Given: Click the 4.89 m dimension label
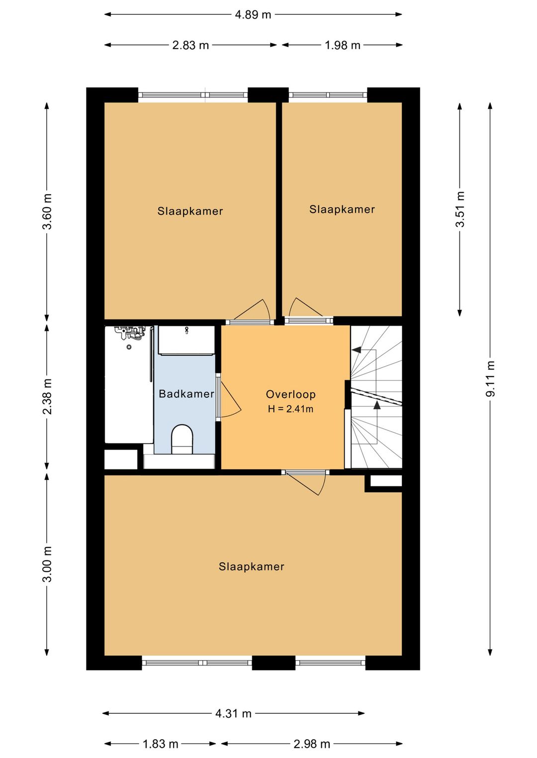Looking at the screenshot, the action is [x=253, y=15].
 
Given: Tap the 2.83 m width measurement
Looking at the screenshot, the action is [x=190, y=45].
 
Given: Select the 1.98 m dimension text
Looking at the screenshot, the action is [x=342, y=45].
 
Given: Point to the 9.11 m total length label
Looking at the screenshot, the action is [x=490, y=379].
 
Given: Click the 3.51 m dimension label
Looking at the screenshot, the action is [x=460, y=209].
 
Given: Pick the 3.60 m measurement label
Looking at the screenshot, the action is [x=47, y=212].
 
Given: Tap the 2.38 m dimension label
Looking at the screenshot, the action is [x=47, y=396].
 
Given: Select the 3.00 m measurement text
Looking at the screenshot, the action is [x=47, y=564].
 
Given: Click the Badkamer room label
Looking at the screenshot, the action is [x=186, y=394].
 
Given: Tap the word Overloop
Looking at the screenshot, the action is [x=291, y=394].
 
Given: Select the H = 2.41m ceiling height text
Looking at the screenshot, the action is [x=291, y=409].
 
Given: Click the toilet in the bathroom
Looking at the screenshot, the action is [x=182, y=439].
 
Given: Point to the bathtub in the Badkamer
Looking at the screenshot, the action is [x=129, y=384].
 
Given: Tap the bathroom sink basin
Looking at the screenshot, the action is [x=186, y=340].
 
